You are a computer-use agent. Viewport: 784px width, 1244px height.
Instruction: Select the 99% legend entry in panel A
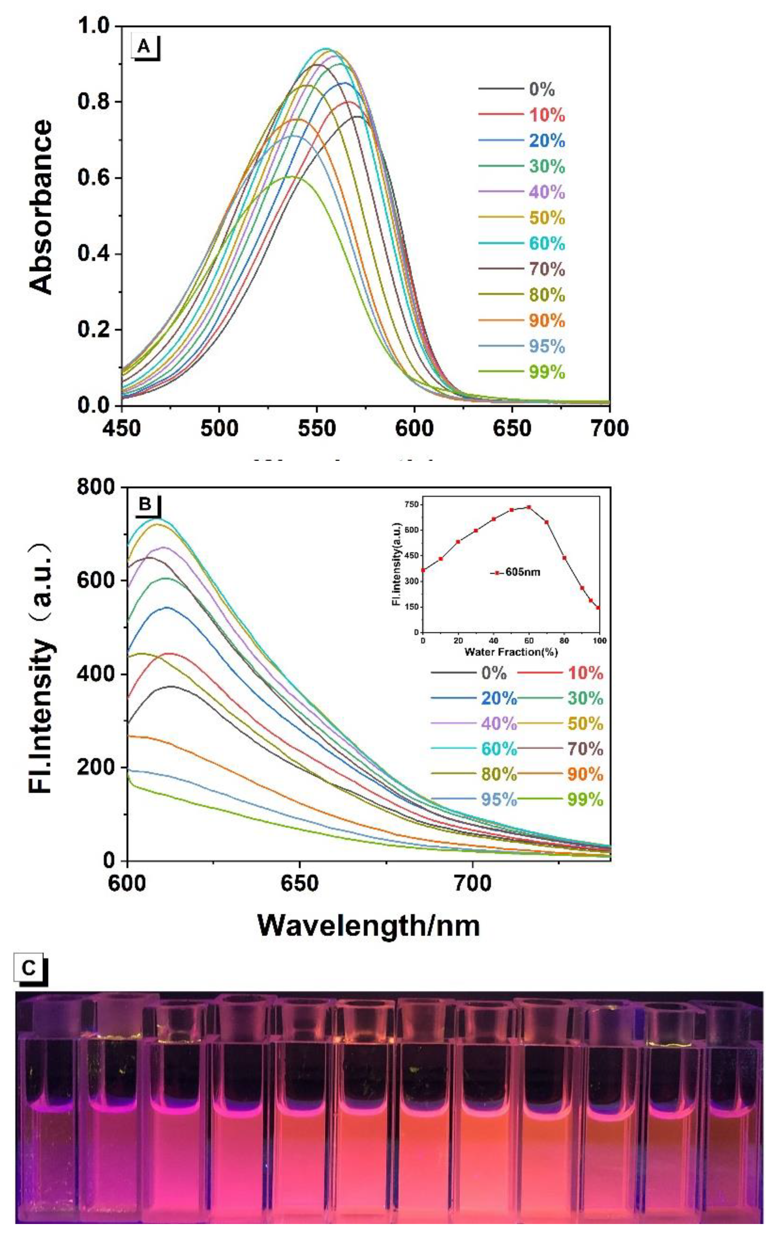[x=547, y=372]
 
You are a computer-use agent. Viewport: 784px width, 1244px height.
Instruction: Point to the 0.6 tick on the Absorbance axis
[x=94, y=178]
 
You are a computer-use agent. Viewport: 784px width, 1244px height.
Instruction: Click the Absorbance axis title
[x=42, y=207]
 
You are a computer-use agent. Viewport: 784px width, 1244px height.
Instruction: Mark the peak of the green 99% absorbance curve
[x=292, y=177]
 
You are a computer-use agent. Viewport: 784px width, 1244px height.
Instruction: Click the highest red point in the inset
[x=529, y=507]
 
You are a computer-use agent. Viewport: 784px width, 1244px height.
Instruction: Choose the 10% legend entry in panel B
[x=585, y=673]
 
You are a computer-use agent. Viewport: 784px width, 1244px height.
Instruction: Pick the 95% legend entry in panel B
[x=498, y=800]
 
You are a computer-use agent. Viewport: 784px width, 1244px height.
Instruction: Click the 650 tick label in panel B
[x=299, y=884]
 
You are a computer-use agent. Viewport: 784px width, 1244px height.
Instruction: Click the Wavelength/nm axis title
[x=368, y=925]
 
